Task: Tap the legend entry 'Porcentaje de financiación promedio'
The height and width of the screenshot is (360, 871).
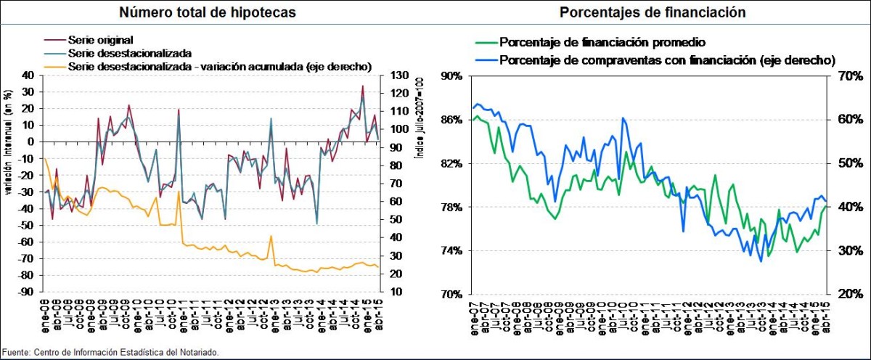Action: [x=603, y=42]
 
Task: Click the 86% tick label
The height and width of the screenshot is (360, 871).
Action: [x=452, y=120]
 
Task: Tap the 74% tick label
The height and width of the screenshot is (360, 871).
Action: [x=452, y=251]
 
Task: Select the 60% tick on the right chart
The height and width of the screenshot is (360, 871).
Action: [x=848, y=120]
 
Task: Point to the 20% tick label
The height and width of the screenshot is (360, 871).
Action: [x=848, y=295]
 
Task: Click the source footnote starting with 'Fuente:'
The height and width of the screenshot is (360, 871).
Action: [x=109, y=352]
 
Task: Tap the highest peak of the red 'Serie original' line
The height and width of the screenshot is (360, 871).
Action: [x=363, y=86]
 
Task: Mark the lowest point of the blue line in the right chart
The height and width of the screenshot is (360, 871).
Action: [x=761, y=261]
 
